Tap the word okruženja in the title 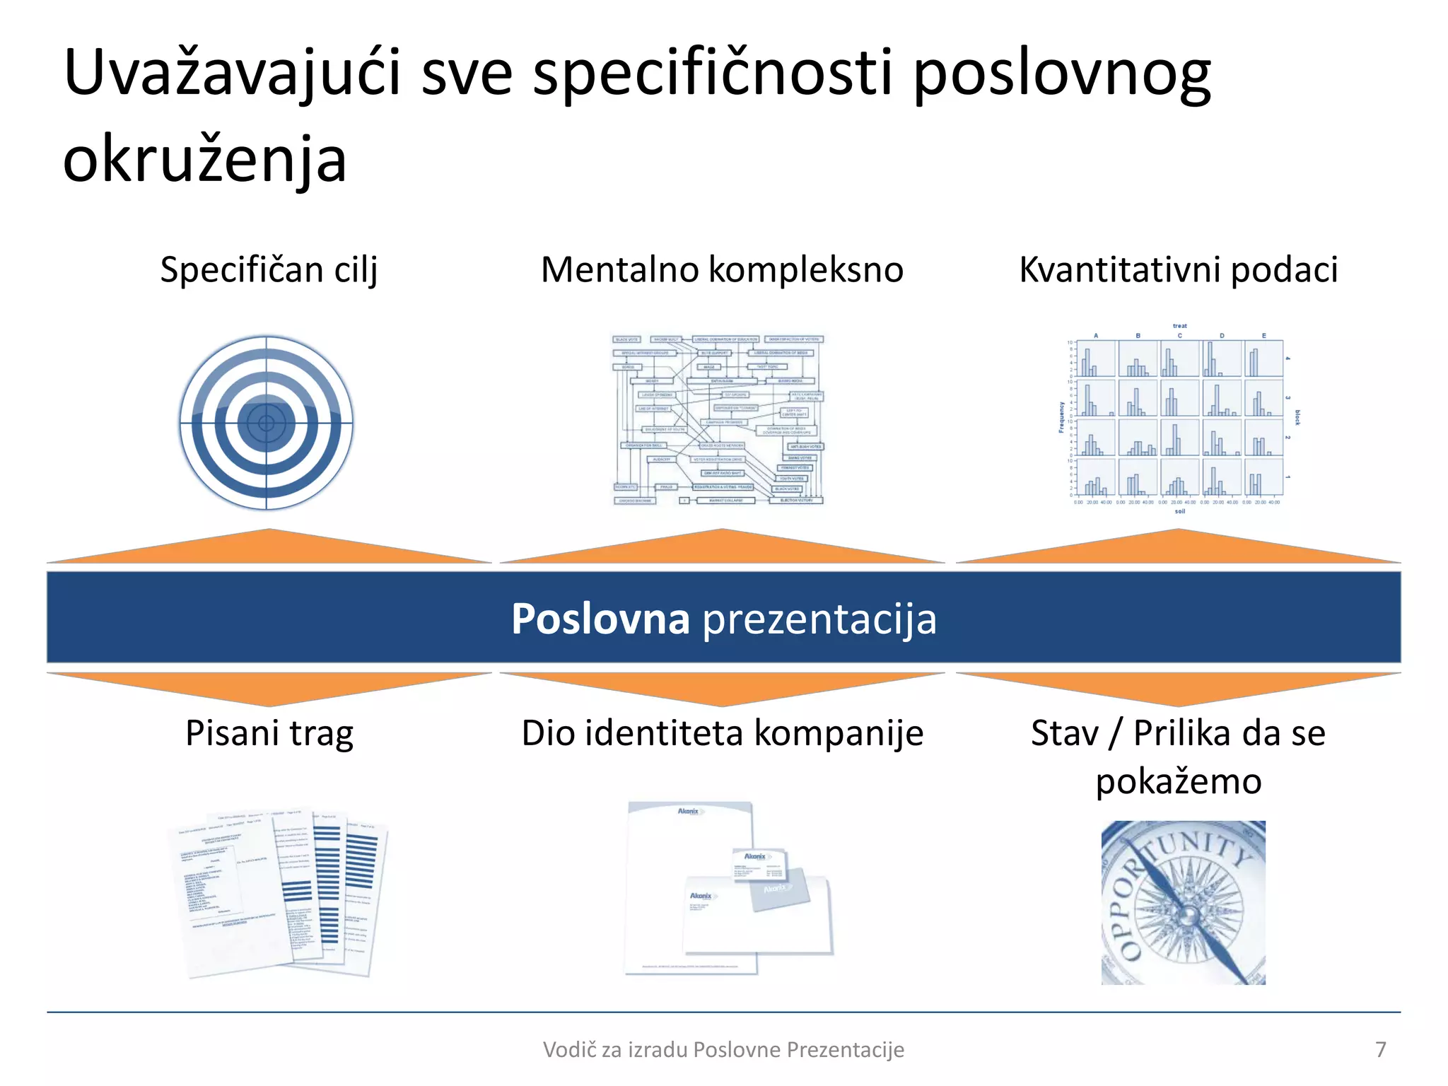(x=205, y=160)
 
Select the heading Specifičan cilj (x=269, y=270)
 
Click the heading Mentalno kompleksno (x=722, y=270)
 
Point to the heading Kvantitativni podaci (x=1178, y=270)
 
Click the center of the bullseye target (x=266, y=423)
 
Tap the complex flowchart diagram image (x=718, y=419)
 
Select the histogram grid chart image (x=1178, y=419)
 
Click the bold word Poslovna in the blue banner (x=600, y=619)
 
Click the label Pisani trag (x=269, y=733)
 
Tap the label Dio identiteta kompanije (x=722, y=733)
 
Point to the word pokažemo (x=1178, y=781)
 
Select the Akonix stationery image (x=728, y=889)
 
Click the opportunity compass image (x=1183, y=902)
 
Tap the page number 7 (x=1380, y=1049)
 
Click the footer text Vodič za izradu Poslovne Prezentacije (x=723, y=1050)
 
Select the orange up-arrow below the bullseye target (x=269, y=549)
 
